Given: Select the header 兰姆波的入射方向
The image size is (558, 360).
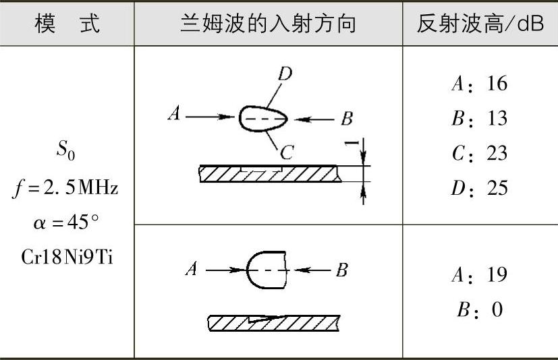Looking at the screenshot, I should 268,24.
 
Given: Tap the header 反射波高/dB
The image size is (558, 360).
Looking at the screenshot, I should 480,24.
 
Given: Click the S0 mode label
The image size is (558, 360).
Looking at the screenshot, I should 65,152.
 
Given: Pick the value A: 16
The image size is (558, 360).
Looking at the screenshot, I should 479,84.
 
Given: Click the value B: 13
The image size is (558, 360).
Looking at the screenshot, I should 479,119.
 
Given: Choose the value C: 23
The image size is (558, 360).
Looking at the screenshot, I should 479,153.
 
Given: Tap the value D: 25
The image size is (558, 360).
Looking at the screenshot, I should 479,187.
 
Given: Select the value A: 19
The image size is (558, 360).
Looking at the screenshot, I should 479,275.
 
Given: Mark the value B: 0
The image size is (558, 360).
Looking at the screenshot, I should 479,310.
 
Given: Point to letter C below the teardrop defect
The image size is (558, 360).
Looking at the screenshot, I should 287,154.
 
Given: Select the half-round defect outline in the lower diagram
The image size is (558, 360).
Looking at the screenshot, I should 267,270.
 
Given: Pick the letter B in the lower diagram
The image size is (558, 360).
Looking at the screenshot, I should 341,270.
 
